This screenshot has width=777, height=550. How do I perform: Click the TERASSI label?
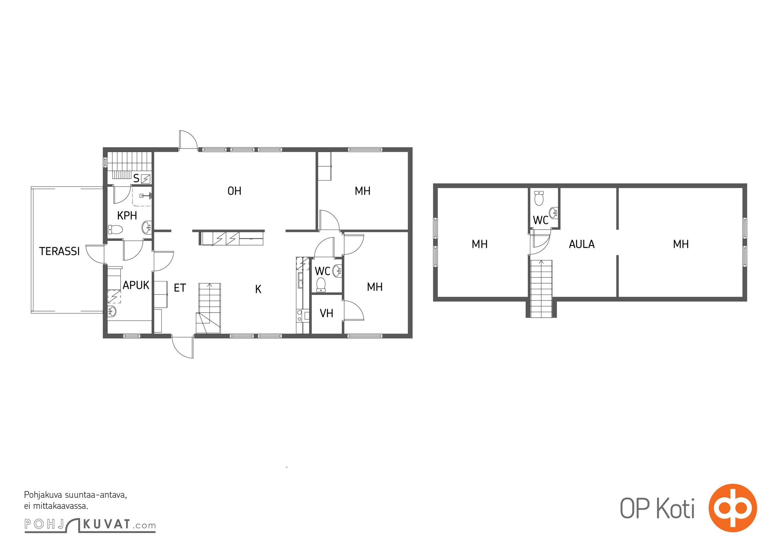(59, 251)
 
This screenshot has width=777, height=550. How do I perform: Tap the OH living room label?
(234, 191)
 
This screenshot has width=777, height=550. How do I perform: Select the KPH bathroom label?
(127, 216)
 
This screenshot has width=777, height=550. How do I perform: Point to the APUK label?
(136, 285)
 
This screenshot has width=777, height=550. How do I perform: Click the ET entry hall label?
(180, 288)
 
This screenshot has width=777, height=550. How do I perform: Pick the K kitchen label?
(258, 289)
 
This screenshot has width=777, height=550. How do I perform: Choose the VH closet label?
(326, 313)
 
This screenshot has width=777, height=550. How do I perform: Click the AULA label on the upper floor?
(582, 244)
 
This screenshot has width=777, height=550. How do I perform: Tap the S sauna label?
(136, 178)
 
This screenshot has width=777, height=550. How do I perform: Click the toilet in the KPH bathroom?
(116, 229)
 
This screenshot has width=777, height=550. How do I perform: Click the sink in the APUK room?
(112, 311)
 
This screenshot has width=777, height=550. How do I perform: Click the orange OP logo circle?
(732, 508)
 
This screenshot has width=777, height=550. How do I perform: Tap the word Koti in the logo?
(675, 509)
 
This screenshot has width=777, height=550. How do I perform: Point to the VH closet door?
(354, 310)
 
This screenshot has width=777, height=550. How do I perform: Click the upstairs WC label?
(540, 220)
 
